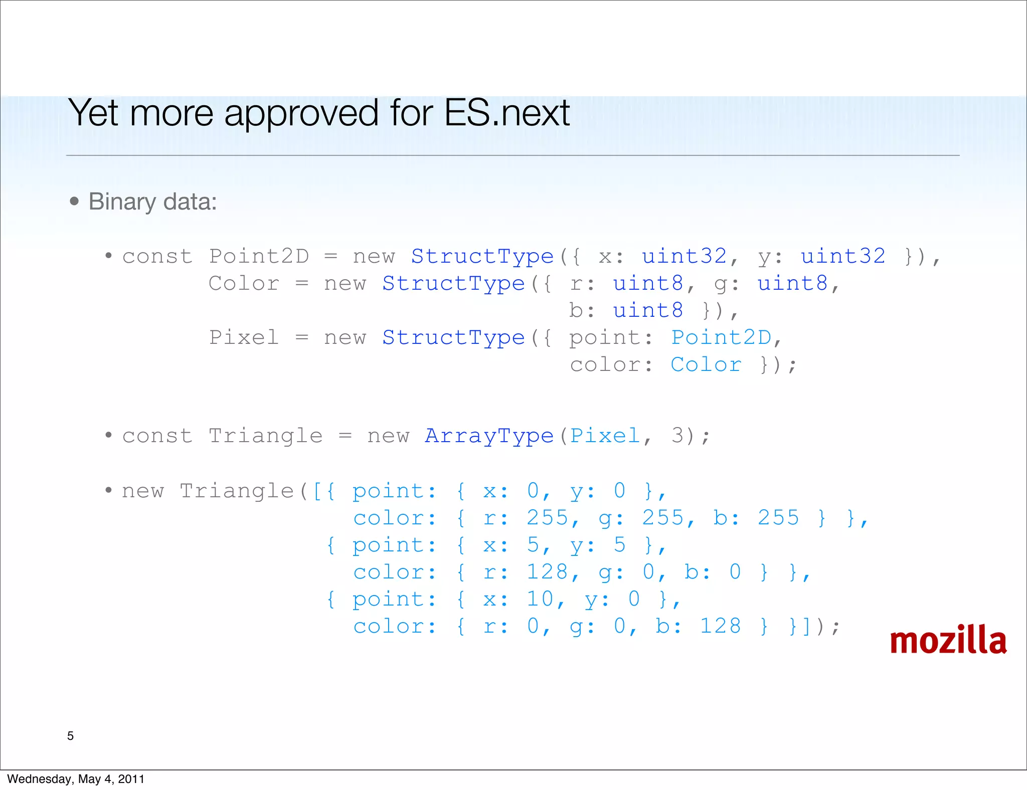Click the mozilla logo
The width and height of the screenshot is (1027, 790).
pos(948,641)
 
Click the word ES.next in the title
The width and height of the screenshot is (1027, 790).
pos(506,113)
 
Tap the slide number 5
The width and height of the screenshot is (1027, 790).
pos(70,736)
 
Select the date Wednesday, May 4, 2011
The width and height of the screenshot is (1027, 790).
pos(76,779)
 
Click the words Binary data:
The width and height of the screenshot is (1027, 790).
pos(152,202)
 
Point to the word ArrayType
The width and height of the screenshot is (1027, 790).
pos(489,436)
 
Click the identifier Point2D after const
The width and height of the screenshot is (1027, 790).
pos(259,256)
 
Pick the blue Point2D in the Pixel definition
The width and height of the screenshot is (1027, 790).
pos(721,337)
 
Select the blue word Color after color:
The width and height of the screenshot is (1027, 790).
pos(706,364)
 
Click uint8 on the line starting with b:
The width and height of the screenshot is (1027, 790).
pos(647,310)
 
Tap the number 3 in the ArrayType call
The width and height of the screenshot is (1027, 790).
pos(677,436)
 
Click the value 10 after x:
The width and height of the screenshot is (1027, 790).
pos(540,599)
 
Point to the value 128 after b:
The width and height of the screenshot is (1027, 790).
pos(720,626)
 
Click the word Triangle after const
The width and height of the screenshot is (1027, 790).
pos(265,436)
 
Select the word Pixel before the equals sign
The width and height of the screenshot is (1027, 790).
pos(244,337)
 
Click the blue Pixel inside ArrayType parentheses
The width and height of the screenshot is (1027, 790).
pos(605,436)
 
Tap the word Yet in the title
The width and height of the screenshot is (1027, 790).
pos(93,113)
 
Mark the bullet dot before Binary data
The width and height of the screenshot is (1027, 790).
pos(75,202)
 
